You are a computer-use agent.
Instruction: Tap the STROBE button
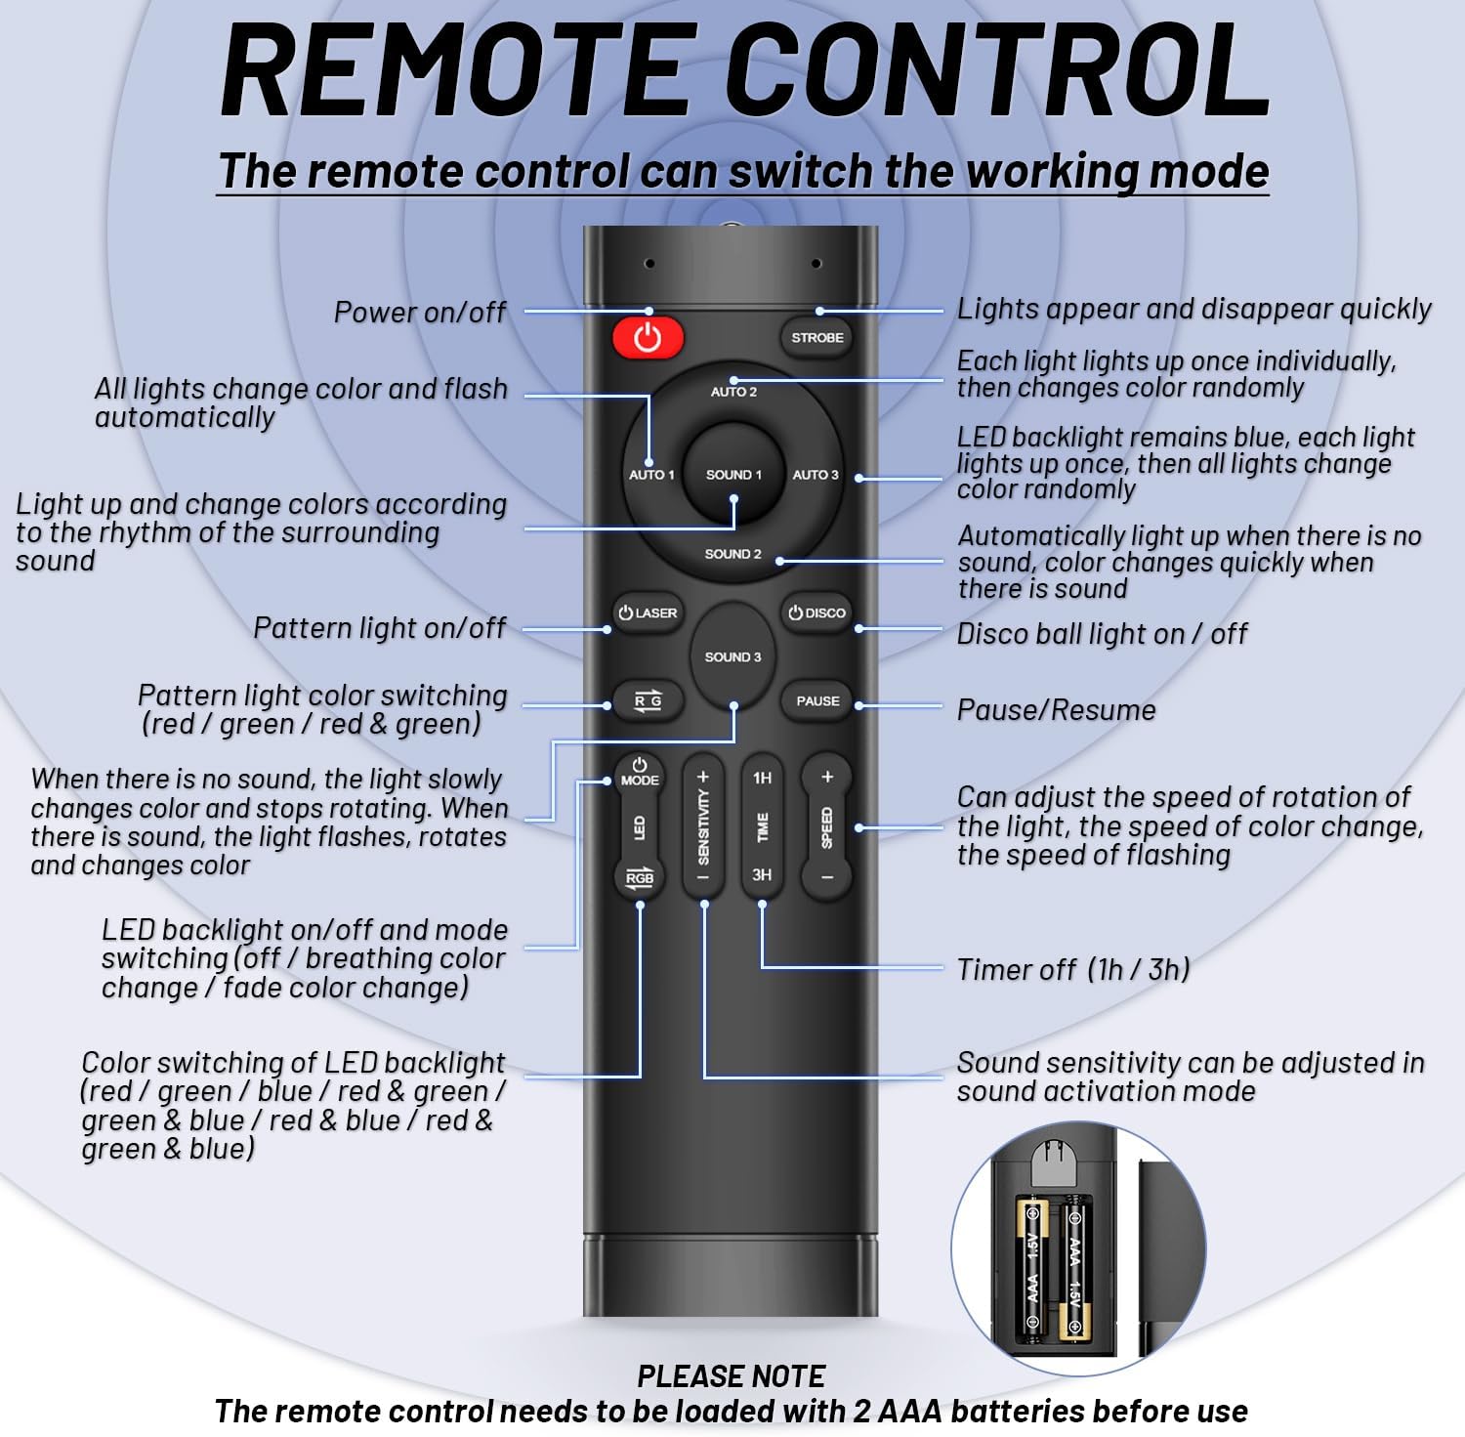tap(816, 338)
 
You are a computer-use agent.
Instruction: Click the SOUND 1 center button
tap(733, 475)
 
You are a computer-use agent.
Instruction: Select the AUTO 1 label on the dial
tap(651, 475)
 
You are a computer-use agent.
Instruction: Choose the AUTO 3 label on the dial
tap(816, 475)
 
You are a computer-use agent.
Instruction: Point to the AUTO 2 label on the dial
tap(733, 392)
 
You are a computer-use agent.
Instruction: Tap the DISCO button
tap(817, 613)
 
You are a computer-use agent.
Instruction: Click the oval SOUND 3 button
tap(732, 656)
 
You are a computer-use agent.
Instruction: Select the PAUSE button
tap(817, 701)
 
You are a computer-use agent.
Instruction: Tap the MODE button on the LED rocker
tap(640, 773)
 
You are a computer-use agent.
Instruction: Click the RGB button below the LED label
tap(640, 876)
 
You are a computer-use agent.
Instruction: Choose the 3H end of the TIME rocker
tap(762, 875)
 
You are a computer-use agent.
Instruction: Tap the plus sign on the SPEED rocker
tap(827, 778)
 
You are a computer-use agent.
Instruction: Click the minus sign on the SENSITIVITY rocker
tap(703, 877)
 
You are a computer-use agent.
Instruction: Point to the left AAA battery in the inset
tap(1033, 1267)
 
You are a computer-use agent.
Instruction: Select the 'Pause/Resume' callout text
tap(1056, 710)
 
